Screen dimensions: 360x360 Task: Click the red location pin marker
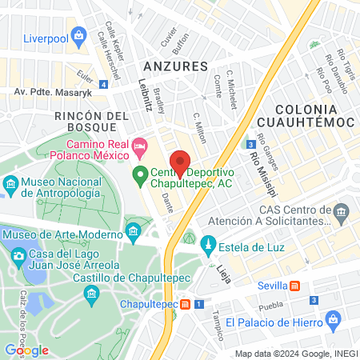tap(181, 162)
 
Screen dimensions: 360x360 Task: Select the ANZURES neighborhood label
tap(175, 66)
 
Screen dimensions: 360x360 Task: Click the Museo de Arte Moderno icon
tap(133, 234)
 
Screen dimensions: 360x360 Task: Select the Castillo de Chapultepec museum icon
tap(93, 295)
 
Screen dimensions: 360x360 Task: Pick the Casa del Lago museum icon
tap(18, 255)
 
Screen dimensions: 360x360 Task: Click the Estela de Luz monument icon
tap(208, 242)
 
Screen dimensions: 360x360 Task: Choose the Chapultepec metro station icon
tap(186, 304)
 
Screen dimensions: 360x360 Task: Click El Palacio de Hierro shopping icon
tap(334, 322)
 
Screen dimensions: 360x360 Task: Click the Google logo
tap(26, 350)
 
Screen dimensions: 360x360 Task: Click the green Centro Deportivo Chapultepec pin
tap(139, 173)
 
